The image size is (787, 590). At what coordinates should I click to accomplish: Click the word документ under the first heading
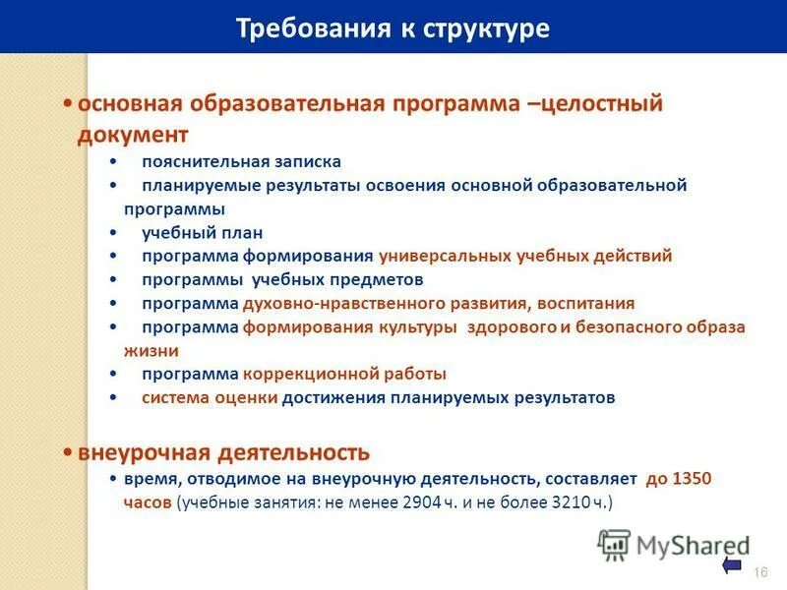[x=133, y=133]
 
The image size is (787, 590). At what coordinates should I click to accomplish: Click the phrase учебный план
[x=202, y=233]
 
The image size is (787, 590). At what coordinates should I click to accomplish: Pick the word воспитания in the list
[x=583, y=303]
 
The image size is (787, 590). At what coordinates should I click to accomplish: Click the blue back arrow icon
[x=732, y=564]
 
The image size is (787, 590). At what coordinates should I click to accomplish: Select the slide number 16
[x=758, y=572]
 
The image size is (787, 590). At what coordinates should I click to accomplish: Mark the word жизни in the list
[x=151, y=349]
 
